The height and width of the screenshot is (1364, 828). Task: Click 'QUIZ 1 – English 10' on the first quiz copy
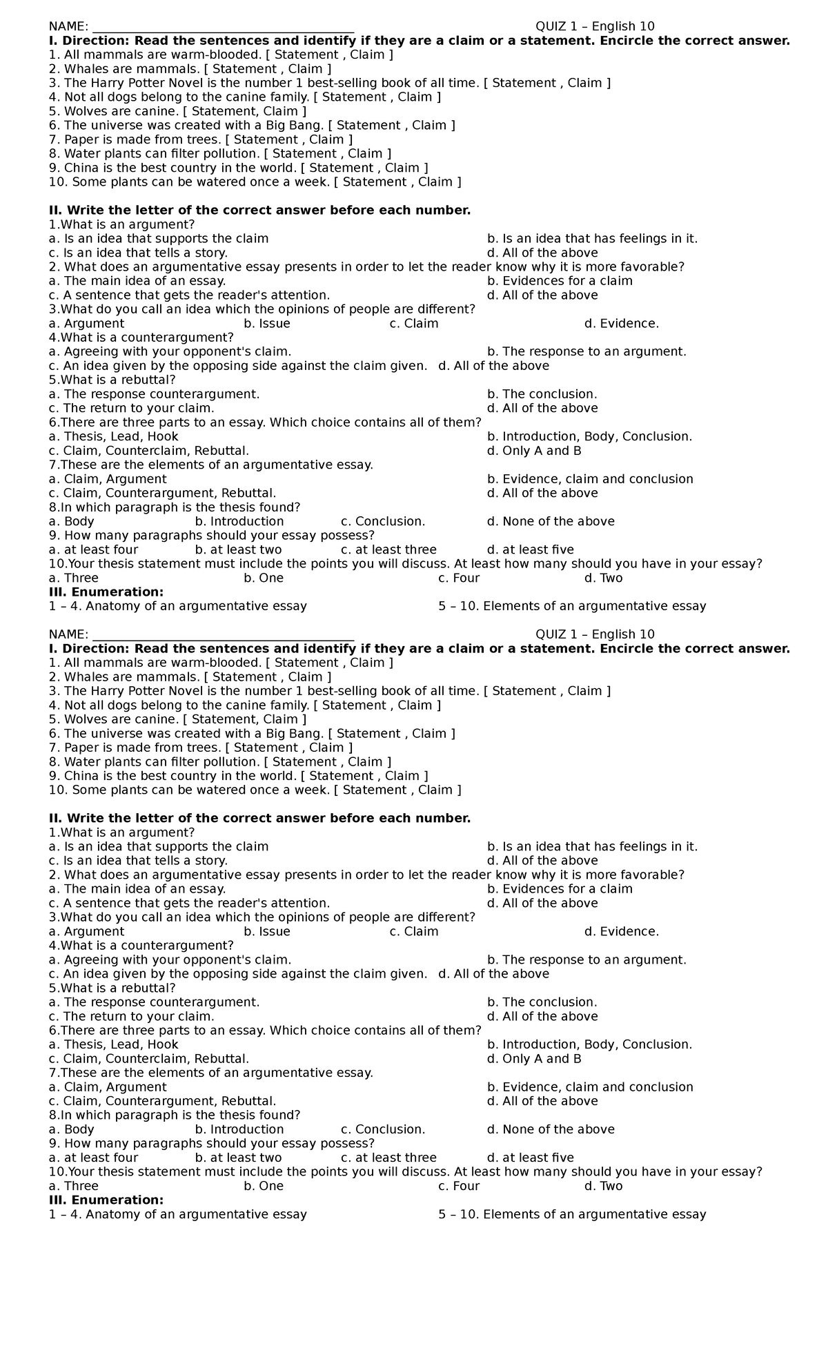(595, 26)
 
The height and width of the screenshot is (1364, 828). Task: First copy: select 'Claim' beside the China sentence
(402, 168)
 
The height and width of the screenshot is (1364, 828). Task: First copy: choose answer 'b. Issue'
(267, 323)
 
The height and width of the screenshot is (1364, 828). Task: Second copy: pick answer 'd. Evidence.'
(621, 931)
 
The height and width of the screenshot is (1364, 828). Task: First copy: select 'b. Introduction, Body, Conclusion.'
(589, 436)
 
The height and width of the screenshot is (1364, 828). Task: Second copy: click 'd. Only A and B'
(534, 1058)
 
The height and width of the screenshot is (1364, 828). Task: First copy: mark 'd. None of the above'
(550, 521)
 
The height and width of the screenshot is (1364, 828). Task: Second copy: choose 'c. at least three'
(388, 1157)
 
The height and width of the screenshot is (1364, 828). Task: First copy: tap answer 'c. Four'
(458, 578)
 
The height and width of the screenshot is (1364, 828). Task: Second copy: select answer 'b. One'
(264, 1185)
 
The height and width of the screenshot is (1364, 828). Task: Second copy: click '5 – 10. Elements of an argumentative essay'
(572, 1214)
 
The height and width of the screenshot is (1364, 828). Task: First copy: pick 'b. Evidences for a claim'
(560, 281)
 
